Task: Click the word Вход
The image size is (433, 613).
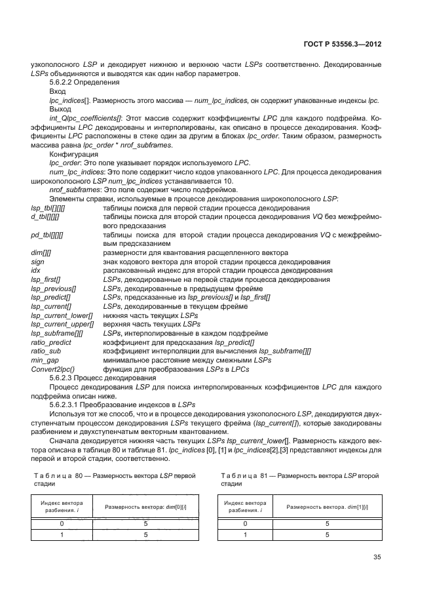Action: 58,92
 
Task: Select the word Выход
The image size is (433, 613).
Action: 61,109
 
